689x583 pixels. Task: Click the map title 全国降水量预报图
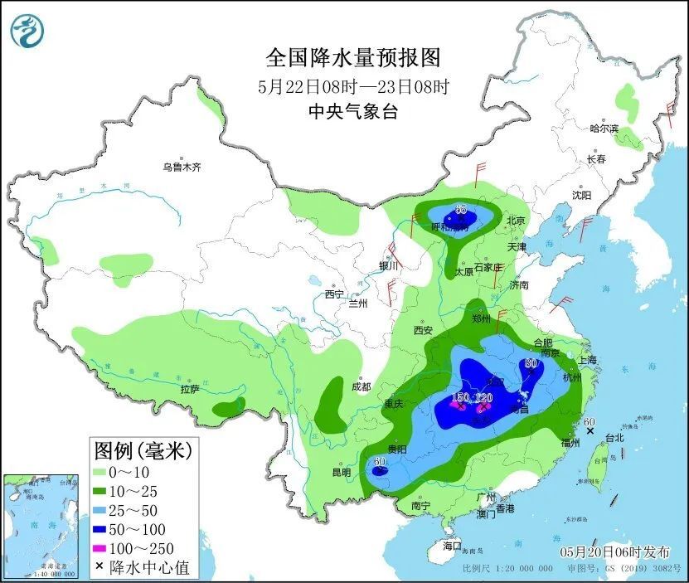point(352,57)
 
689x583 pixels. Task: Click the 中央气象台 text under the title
point(352,111)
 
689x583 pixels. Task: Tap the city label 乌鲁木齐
point(182,168)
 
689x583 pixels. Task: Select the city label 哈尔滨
point(604,129)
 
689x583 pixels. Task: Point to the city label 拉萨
point(190,388)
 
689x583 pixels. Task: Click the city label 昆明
point(341,472)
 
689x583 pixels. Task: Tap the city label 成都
point(361,386)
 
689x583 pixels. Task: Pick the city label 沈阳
point(581,196)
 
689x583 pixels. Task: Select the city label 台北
point(614,437)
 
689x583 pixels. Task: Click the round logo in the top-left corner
point(27,31)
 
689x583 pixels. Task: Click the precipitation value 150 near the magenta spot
point(461,398)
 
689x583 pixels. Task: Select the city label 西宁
point(333,294)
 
